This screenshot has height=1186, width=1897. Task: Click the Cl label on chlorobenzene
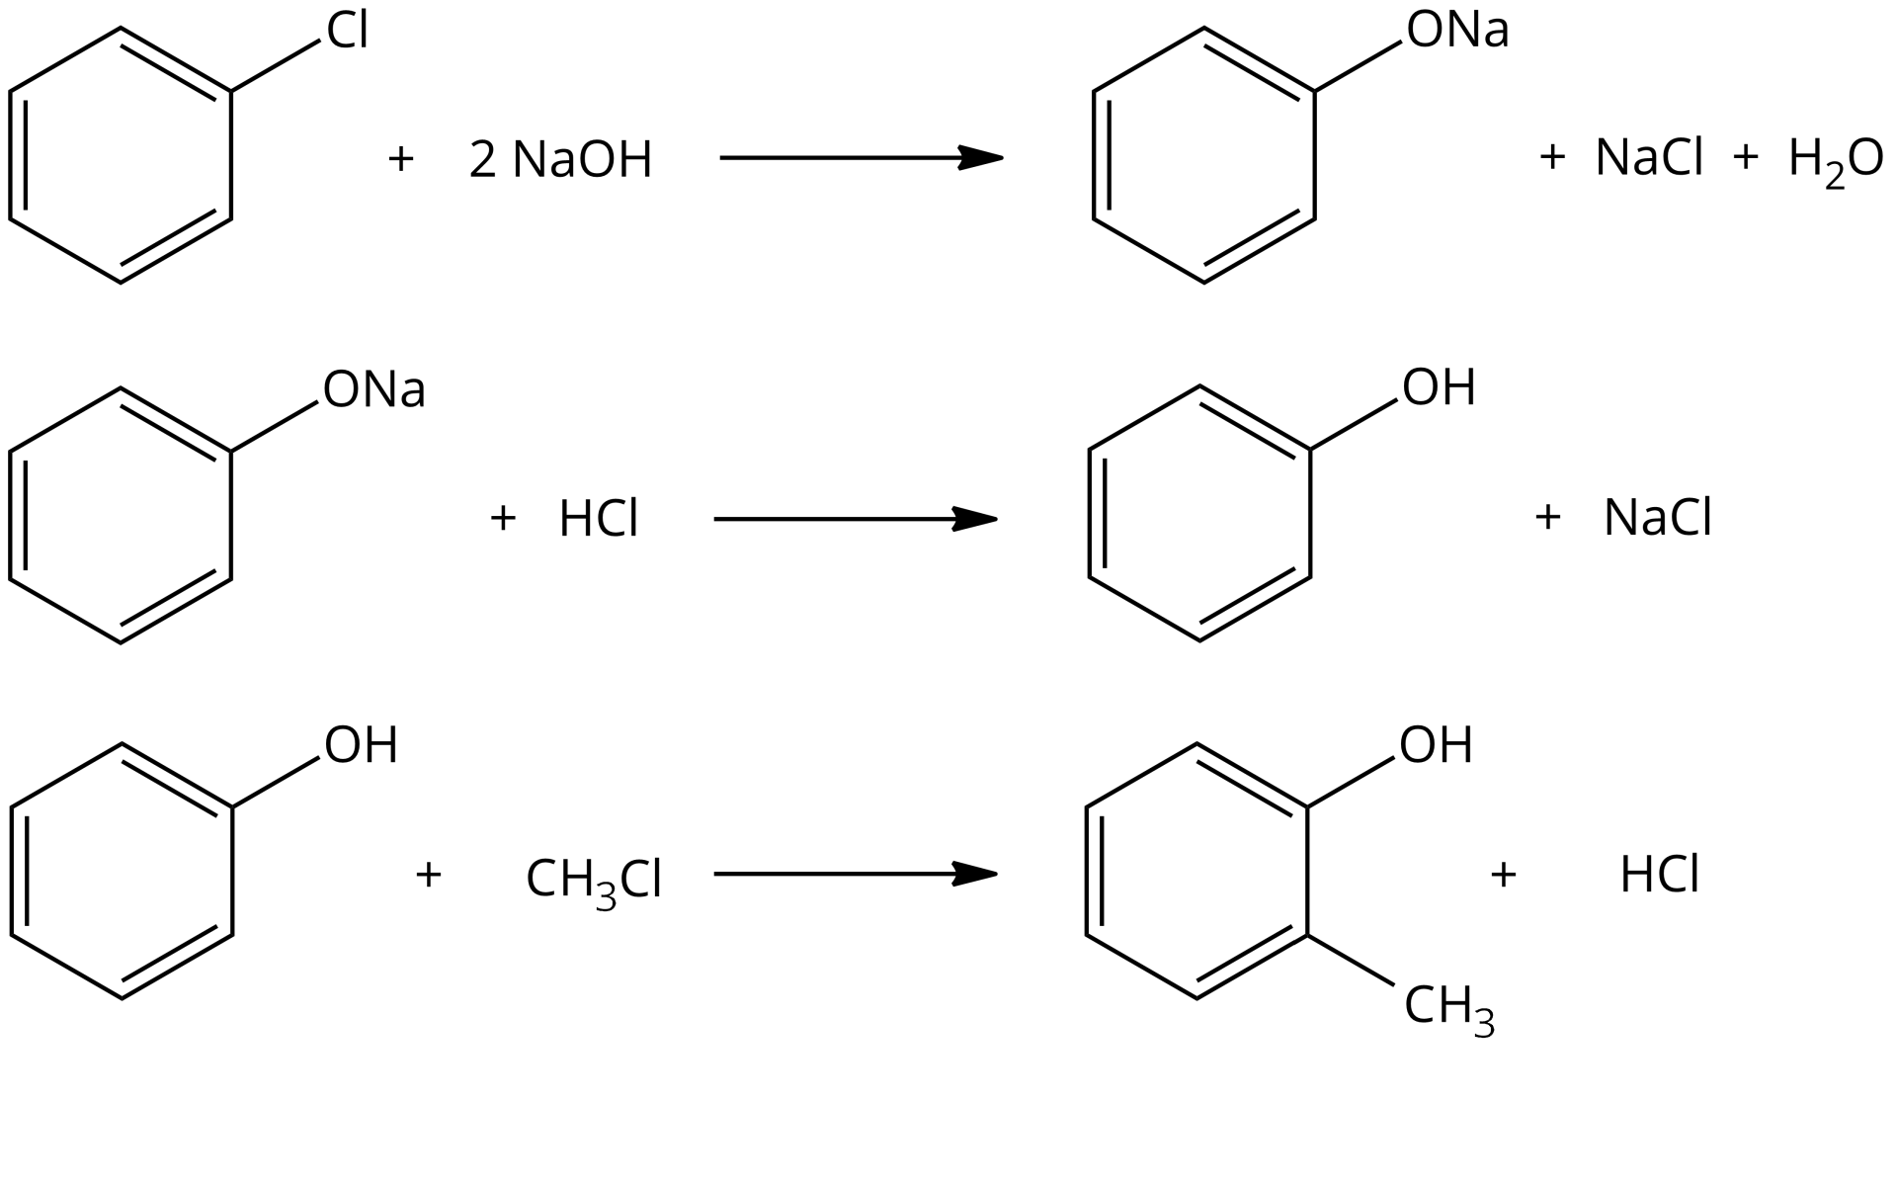coord(348,32)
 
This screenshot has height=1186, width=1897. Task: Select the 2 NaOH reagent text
coord(560,159)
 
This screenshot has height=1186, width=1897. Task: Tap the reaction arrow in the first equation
coord(860,157)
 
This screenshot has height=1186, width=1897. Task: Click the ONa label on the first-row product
coord(1457,31)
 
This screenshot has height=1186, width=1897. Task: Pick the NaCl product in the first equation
coord(1649,158)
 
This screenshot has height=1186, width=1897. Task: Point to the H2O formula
coord(1836,160)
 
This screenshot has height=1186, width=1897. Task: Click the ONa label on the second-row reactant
coord(374,389)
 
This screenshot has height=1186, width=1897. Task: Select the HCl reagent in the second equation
coord(599,519)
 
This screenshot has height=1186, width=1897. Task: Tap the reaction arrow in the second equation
coord(855,519)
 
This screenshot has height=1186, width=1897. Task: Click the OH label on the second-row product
coord(1439,387)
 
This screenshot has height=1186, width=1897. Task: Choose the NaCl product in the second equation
coord(1657,518)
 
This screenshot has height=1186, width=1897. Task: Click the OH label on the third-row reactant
coord(361,745)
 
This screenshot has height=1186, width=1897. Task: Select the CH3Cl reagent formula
coord(594,880)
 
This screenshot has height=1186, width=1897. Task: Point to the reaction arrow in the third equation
coord(855,874)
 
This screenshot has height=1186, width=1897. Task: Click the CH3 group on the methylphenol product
coord(1448,1008)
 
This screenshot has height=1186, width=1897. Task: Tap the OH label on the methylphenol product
coord(1436,745)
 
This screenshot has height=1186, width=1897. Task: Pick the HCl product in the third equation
coord(1659,876)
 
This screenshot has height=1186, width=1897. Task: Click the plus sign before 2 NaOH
coord(400,158)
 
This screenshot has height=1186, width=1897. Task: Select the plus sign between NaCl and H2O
coord(1746,157)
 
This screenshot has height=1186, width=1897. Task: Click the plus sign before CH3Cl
coord(428,874)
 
